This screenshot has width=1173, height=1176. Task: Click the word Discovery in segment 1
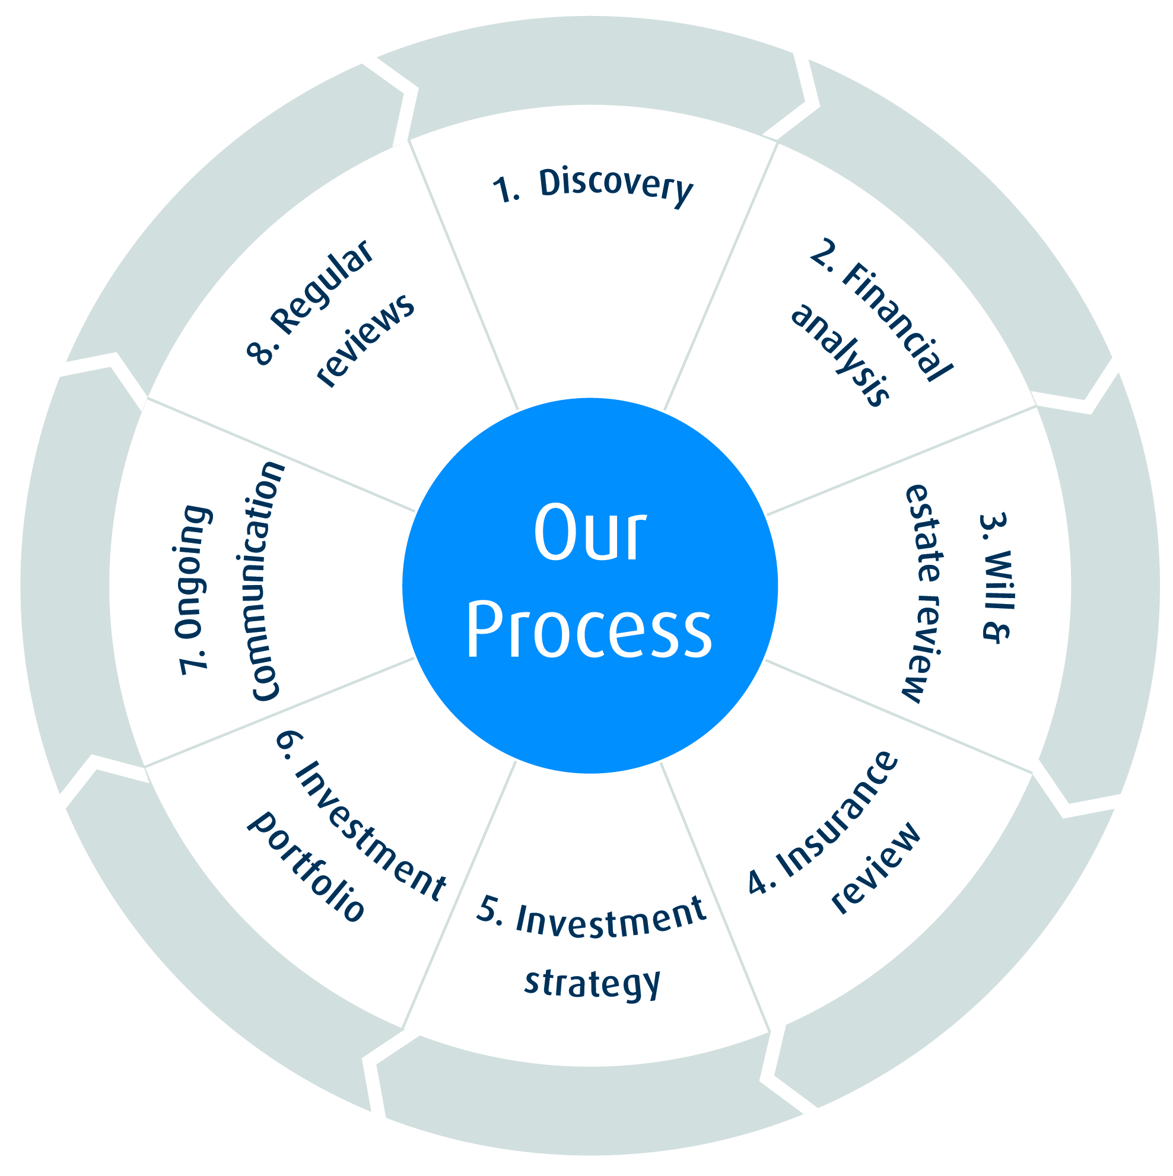coord(615,185)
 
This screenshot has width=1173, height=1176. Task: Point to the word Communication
coord(265,581)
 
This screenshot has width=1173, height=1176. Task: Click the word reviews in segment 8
coord(366,340)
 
